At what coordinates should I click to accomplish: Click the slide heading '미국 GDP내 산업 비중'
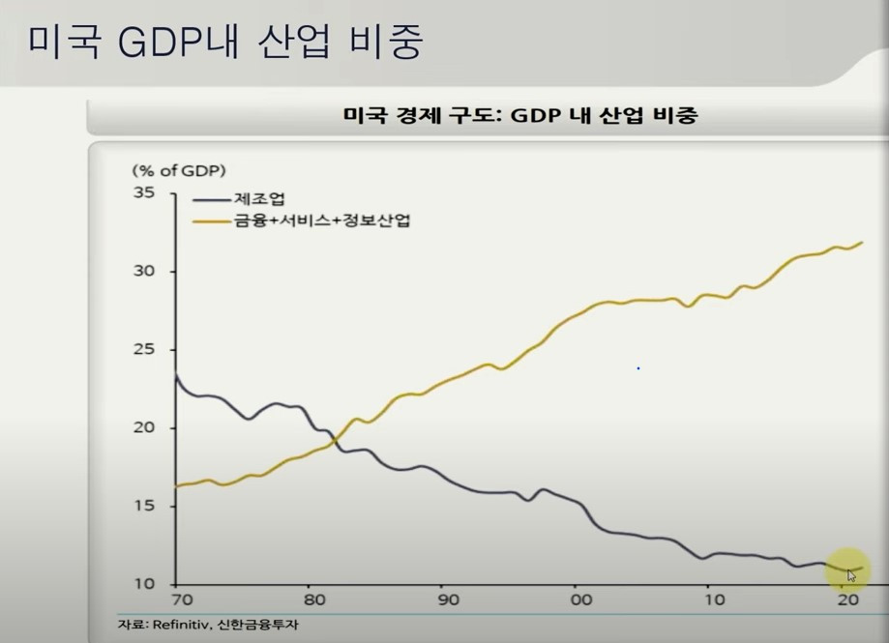(x=225, y=43)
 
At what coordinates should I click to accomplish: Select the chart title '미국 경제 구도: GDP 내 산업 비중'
(x=520, y=116)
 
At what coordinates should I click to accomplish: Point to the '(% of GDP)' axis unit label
(x=179, y=170)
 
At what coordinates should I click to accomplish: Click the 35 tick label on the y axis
(x=144, y=193)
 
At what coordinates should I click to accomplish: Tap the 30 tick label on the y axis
(x=144, y=272)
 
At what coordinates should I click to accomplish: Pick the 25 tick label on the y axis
(x=144, y=350)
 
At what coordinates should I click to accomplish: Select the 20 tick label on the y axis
(x=144, y=428)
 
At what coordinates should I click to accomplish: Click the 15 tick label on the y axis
(x=144, y=507)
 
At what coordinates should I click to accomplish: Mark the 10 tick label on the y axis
(x=144, y=584)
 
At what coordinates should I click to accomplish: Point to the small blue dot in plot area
(x=637, y=368)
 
